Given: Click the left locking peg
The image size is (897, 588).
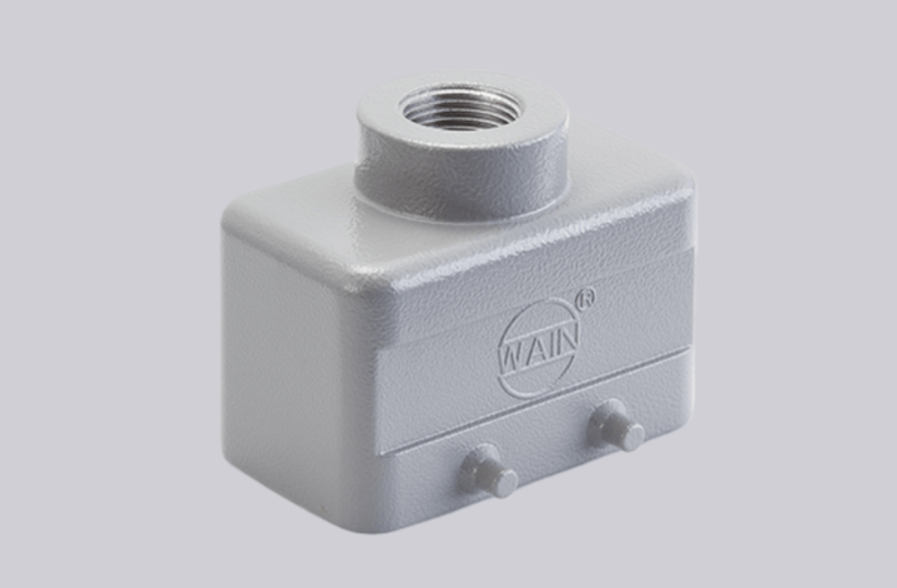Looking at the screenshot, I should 487,471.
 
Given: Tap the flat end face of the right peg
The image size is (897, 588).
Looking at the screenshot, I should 633,437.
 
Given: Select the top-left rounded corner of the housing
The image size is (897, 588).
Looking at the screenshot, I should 238,215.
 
